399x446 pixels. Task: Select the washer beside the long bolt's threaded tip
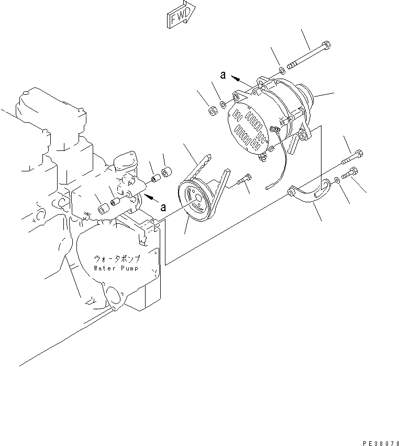[x=282, y=70]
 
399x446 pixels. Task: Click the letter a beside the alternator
[x=223, y=75]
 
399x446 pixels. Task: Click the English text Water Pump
[x=116, y=268]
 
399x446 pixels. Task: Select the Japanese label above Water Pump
[x=116, y=259]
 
